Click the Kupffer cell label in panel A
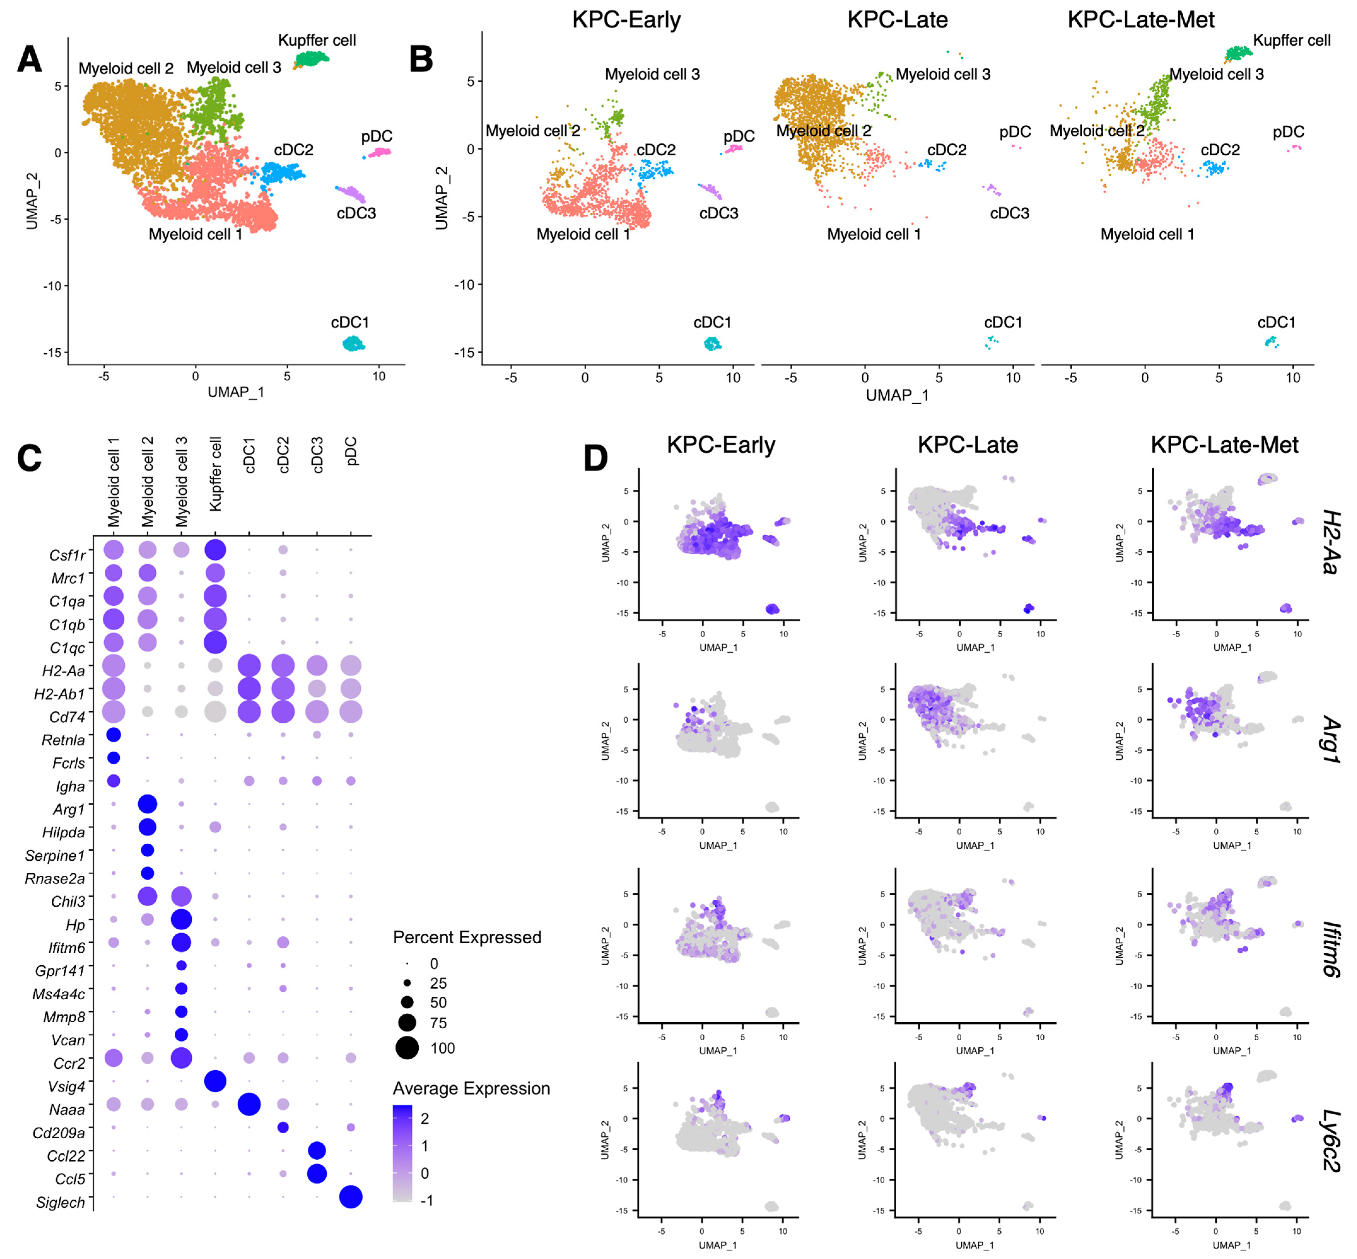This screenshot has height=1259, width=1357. tap(317, 40)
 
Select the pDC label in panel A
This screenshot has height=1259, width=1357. tap(377, 136)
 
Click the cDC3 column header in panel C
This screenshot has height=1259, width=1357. tap(317, 455)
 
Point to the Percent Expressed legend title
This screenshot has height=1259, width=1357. tap(467, 938)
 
